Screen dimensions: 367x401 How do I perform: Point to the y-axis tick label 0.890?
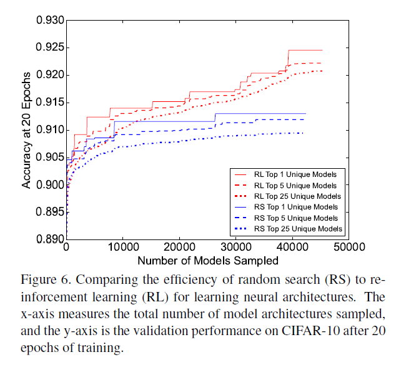pyautogui.click(x=49, y=239)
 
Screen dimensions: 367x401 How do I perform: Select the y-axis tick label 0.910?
pyautogui.click(x=49, y=130)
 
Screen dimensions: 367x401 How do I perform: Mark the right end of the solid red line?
pyautogui.click(x=322, y=50)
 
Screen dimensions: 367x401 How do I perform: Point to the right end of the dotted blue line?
pyautogui.click(x=304, y=133)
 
